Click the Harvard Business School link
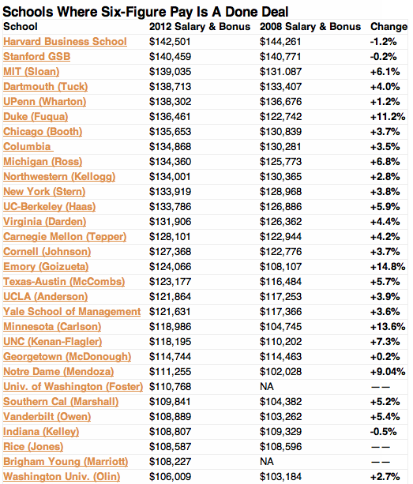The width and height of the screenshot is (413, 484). (x=65, y=42)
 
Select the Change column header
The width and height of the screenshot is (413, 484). (x=389, y=27)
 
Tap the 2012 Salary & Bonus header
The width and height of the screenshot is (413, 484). (x=200, y=27)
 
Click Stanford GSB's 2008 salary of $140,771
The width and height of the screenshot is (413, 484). (x=280, y=57)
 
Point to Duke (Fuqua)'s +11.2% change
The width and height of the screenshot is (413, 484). (x=388, y=117)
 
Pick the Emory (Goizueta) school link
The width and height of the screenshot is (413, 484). (x=46, y=267)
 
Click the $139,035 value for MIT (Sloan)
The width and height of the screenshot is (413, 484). (x=170, y=72)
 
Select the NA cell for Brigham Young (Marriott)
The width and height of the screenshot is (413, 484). (x=267, y=462)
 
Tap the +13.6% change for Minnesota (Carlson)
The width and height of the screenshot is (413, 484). (x=388, y=327)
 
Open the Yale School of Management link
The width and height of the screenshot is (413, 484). (x=72, y=312)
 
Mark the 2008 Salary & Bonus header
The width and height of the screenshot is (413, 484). (x=310, y=27)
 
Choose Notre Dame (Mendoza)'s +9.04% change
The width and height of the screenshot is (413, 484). (x=388, y=372)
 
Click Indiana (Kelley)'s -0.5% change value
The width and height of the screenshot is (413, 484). (x=383, y=432)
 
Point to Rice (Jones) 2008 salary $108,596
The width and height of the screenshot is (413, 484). (x=280, y=447)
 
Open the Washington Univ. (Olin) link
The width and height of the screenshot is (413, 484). (x=62, y=477)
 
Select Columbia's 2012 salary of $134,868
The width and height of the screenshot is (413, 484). (x=170, y=147)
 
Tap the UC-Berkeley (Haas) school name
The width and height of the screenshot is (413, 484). (x=50, y=207)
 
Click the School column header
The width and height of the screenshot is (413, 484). (x=21, y=27)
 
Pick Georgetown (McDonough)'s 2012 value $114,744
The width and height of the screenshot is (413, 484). (x=170, y=357)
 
